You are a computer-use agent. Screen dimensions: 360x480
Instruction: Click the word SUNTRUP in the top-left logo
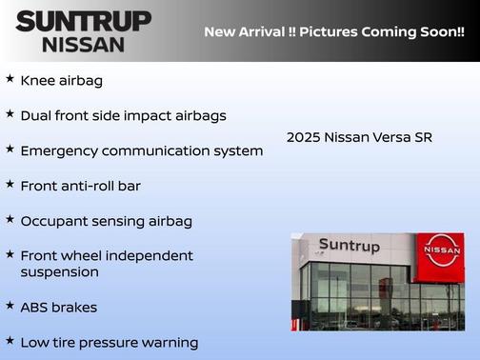point(83,21)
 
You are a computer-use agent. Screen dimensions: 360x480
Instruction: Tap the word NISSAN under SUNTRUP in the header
point(84,44)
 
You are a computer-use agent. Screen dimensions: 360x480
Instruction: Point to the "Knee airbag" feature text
point(61,81)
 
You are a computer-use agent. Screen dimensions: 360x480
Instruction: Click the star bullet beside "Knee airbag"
point(10,79)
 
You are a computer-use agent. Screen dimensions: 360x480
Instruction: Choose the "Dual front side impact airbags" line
point(123,116)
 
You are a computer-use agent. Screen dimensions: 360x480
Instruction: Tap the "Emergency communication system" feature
point(141,150)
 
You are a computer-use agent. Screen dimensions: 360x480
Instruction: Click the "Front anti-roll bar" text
point(80,186)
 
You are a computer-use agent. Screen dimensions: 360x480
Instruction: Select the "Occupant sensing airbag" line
point(106,221)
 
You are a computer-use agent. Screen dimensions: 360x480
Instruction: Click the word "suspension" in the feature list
point(59,272)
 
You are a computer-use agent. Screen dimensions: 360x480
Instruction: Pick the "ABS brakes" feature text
point(58,308)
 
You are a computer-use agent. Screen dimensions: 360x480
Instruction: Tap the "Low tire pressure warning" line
point(109,342)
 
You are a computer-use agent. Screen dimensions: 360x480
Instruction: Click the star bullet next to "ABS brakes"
point(10,306)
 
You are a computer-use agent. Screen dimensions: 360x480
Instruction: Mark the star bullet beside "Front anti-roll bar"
point(10,184)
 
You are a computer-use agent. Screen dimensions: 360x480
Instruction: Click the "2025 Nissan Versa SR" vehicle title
point(359,137)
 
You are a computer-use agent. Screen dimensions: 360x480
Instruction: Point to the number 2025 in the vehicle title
point(303,137)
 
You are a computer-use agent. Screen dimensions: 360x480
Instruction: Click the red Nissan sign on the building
point(442,250)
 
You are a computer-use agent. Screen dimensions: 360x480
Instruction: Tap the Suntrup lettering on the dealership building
point(349,246)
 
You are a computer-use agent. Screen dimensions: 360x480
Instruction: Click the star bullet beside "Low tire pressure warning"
point(10,340)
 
